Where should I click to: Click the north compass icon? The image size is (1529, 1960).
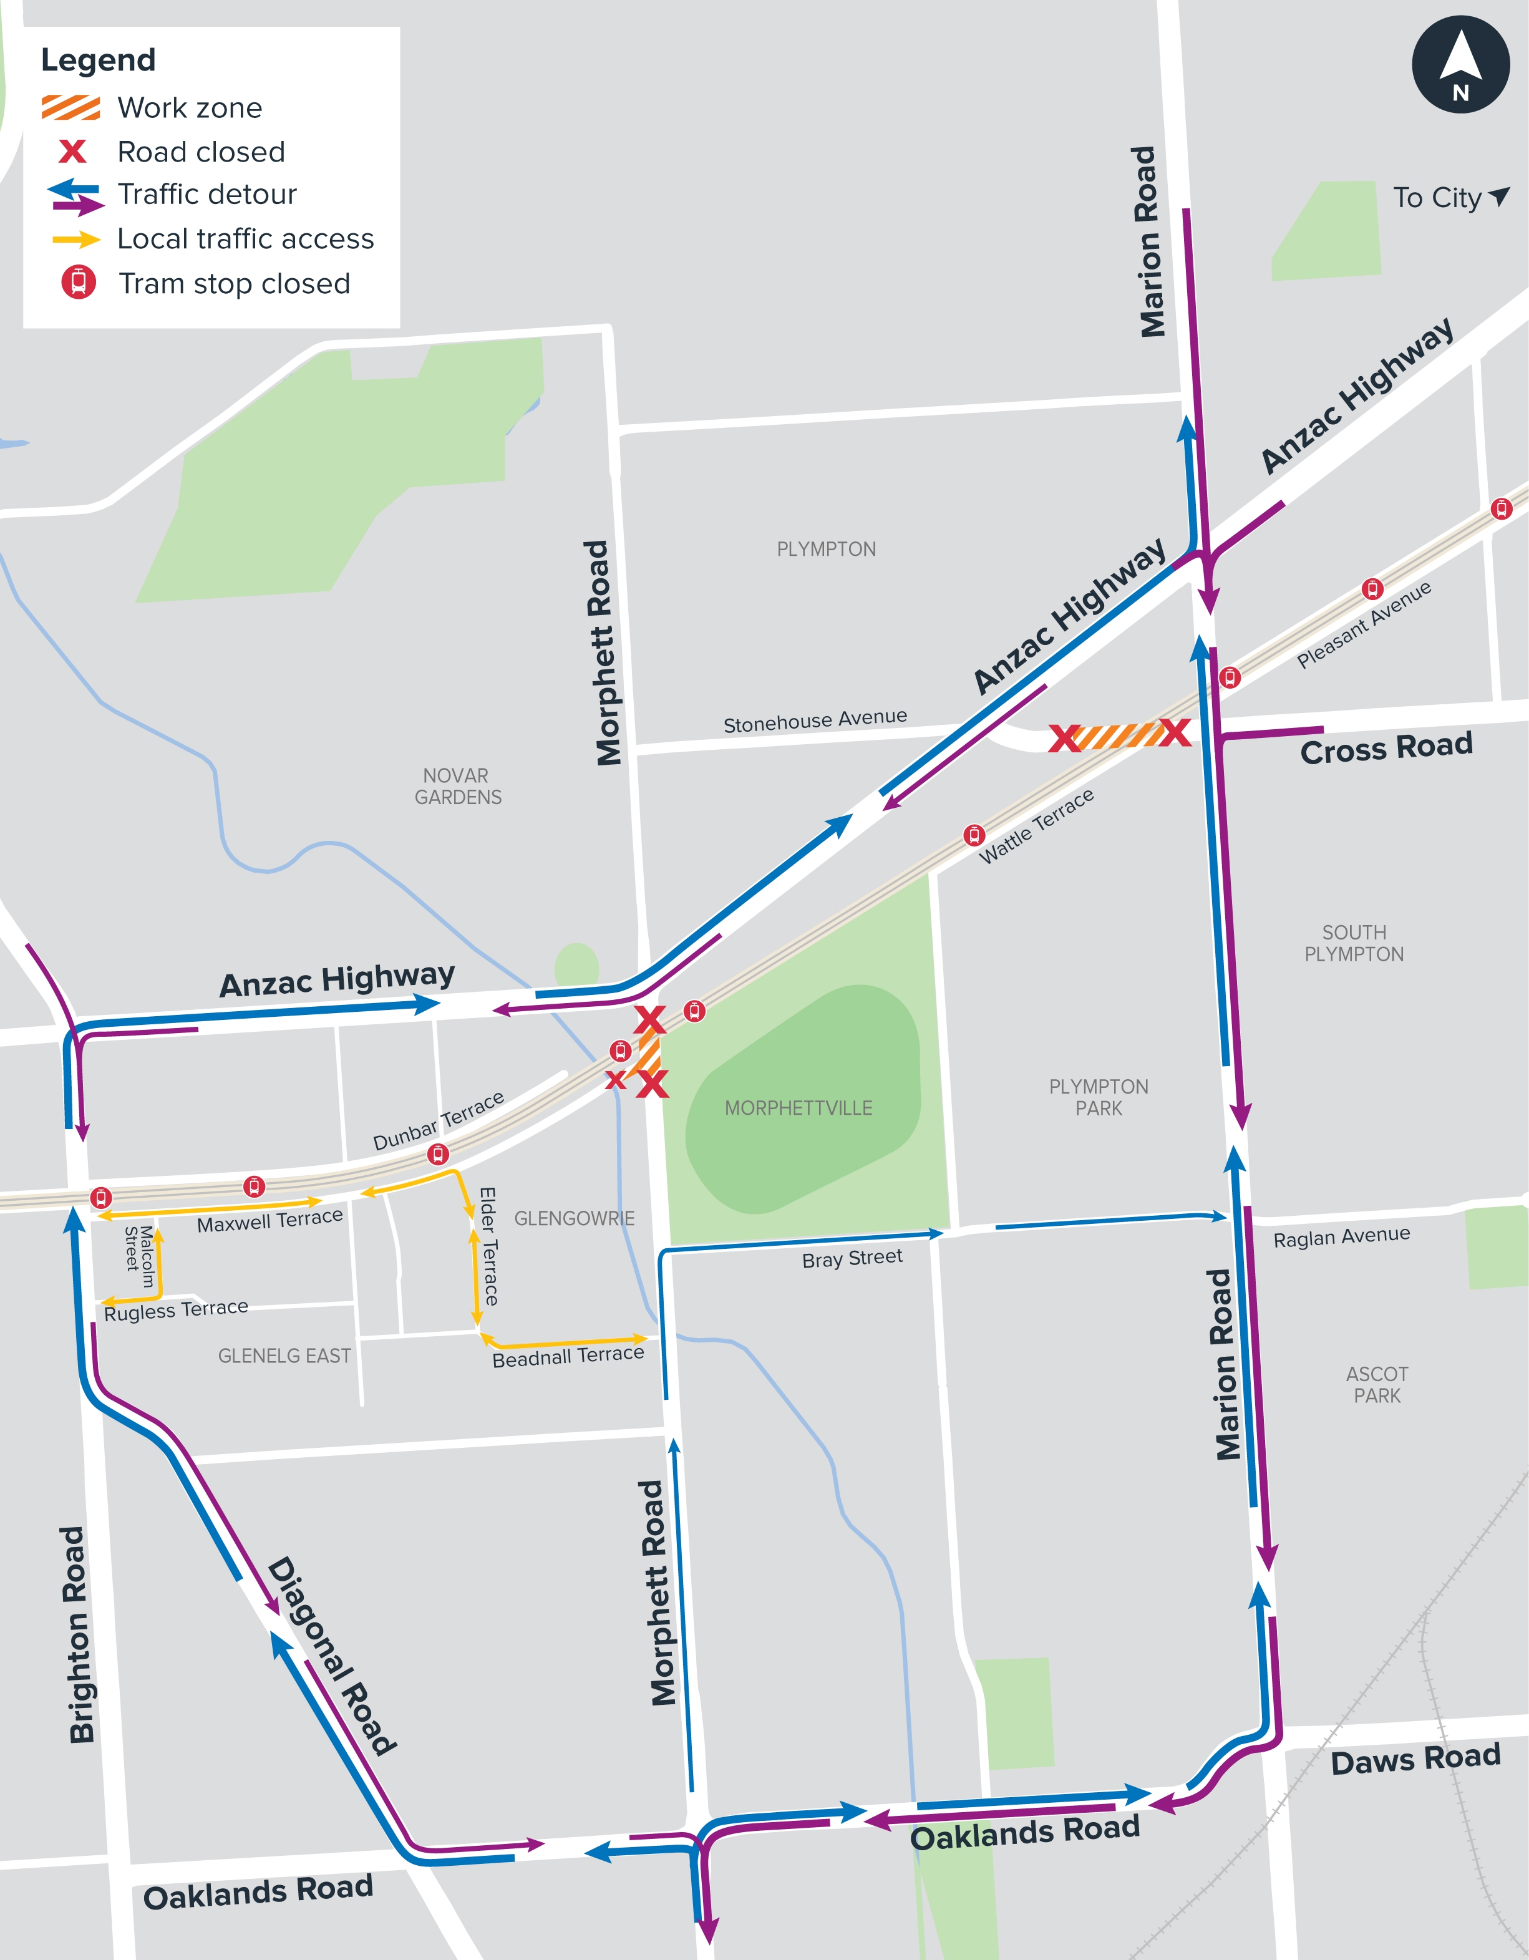tap(1460, 65)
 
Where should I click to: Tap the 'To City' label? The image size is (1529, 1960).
tap(1437, 198)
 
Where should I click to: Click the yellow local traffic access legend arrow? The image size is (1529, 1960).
tap(76, 240)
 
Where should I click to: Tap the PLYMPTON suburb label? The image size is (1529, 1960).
tap(825, 549)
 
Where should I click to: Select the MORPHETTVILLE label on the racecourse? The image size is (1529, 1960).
tap(798, 1109)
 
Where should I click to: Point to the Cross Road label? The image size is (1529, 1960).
tap(1386, 747)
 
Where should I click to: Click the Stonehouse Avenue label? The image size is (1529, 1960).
tap(815, 720)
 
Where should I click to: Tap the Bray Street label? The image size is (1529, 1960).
tap(852, 1258)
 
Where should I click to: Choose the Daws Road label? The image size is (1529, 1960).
tap(1415, 1760)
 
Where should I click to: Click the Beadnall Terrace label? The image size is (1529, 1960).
tap(568, 1356)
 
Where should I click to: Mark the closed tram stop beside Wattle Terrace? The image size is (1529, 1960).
tap(974, 835)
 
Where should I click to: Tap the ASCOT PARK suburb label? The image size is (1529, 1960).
tap(1376, 1385)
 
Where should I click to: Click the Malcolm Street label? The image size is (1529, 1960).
tap(139, 1256)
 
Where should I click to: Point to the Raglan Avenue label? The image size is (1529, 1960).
tap(1341, 1236)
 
